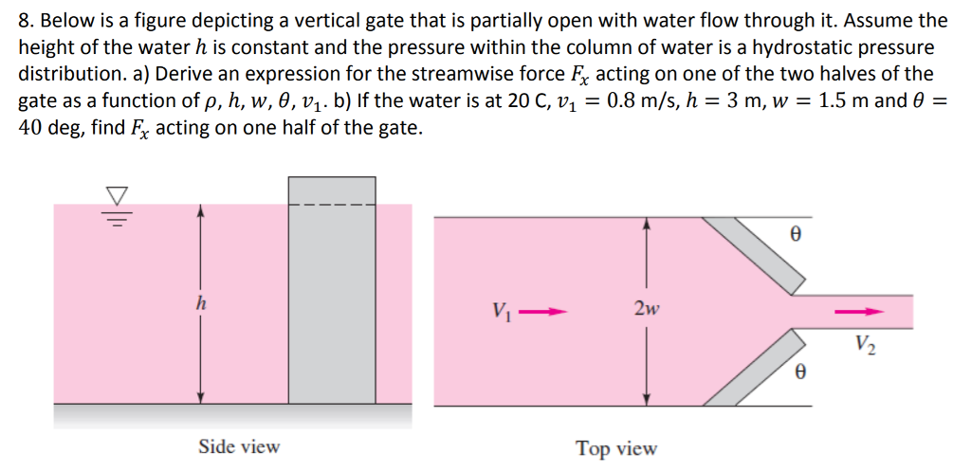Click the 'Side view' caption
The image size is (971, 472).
click(239, 446)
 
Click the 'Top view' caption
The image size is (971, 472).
click(616, 448)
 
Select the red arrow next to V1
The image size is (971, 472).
click(547, 310)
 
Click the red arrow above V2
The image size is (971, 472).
click(858, 311)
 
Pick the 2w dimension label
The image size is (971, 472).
click(648, 309)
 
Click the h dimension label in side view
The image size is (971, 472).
click(199, 305)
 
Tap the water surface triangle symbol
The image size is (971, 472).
click(117, 195)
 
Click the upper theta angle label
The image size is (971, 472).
click(796, 229)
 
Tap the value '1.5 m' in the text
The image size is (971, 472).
click(849, 101)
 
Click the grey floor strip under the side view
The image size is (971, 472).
click(232, 416)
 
